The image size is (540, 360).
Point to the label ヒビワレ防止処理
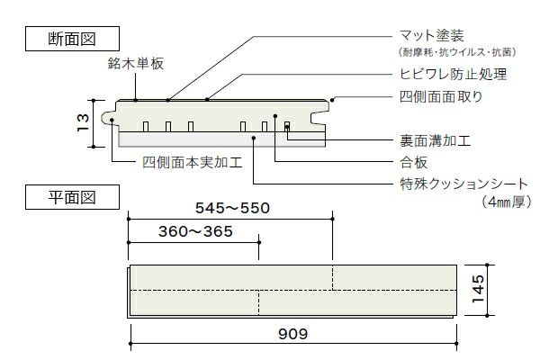pos(453,74)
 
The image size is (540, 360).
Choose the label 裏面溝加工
pos(436,141)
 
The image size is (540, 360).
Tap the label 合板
pos(413,163)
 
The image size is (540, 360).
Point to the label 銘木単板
pos(133,65)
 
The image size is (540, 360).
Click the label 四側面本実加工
pos(191,164)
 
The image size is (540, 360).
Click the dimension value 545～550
pos(232,209)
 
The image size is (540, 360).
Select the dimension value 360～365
pos(195,231)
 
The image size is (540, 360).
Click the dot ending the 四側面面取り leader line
pos(333,98)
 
